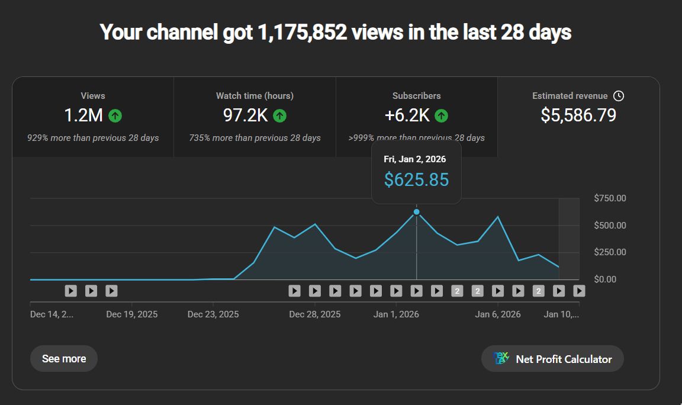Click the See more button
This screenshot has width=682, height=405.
click(64, 359)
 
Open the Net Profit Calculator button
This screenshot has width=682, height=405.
click(552, 359)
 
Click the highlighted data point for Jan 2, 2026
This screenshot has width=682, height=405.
click(417, 212)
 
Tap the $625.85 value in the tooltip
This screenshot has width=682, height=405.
click(416, 179)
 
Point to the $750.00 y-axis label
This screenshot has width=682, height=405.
click(610, 198)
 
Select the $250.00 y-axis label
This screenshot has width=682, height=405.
click(610, 252)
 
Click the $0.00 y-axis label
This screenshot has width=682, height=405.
click(610, 279)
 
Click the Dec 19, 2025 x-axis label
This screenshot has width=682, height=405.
click(132, 314)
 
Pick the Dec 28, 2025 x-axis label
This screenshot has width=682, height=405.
click(315, 314)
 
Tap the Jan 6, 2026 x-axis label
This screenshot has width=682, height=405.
click(498, 314)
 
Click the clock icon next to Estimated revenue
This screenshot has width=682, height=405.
click(619, 96)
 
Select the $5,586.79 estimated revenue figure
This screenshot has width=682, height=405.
click(578, 115)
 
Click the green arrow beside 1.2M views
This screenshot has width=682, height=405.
click(115, 116)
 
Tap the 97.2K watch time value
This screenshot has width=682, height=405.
click(246, 115)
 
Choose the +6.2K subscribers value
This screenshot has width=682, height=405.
click(407, 115)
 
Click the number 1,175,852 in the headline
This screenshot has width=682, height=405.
click(302, 32)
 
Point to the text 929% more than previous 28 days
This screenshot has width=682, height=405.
click(93, 138)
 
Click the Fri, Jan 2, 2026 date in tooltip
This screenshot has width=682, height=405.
click(415, 159)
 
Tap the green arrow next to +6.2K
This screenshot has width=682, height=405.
click(441, 116)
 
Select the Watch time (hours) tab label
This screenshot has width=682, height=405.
click(255, 96)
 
